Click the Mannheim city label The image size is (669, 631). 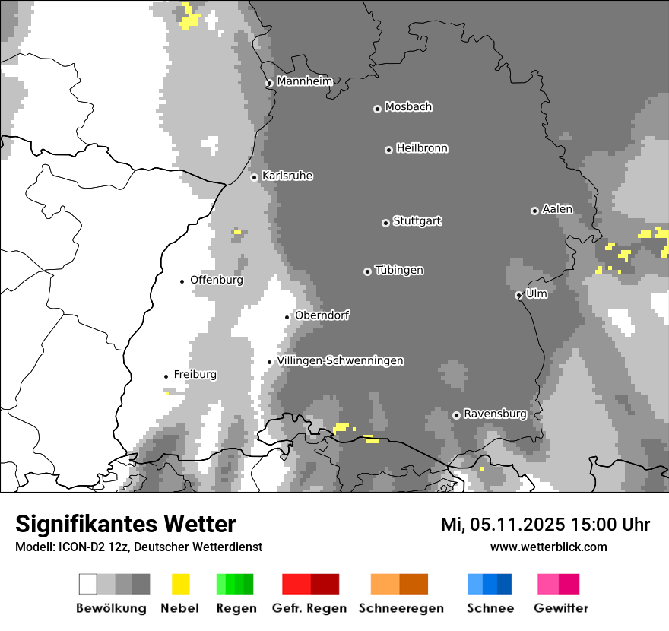click(304, 81)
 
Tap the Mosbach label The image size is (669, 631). click(408, 107)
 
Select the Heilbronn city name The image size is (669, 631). click(422, 148)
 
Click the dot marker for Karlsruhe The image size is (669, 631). click(255, 177)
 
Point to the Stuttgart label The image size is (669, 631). click(417, 221)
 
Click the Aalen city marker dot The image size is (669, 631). click(534, 211)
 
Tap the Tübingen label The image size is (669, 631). click(399, 271)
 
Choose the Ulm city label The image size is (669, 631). click(536, 293)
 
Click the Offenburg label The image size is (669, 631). click(217, 280)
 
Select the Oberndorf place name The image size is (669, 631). click(322, 315)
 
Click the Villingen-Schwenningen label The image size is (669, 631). click(341, 360)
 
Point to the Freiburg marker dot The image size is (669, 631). click(166, 376)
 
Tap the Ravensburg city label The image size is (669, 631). click(495, 414)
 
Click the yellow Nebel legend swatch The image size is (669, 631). click(181, 584)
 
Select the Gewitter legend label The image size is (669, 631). click(561, 608)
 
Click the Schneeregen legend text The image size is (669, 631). click(401, 608)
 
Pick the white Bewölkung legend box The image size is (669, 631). click(88, 584)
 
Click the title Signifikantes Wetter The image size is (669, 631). click(125, 525)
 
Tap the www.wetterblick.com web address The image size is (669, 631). click(548, 547)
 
